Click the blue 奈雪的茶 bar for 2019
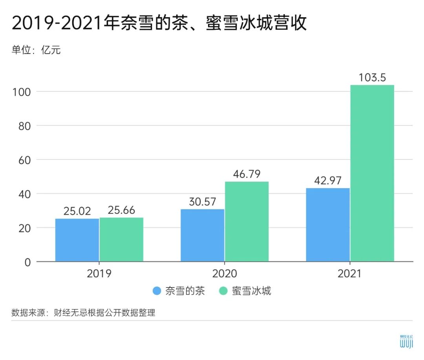pos(77,240)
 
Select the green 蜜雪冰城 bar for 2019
pos(121,240)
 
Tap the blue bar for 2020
pos(202,235)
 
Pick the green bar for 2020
pos(247,222)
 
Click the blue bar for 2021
pos(328,225)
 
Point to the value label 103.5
pos(372,77)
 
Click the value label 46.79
pos(247,174)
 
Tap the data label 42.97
pos(328,181)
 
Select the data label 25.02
pos(77,211)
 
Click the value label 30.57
pos(202,202)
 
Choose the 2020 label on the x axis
pos(225,273)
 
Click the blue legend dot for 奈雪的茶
pos(157,291)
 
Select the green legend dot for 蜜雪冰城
pos(223,291)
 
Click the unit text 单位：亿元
pos(36,50)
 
